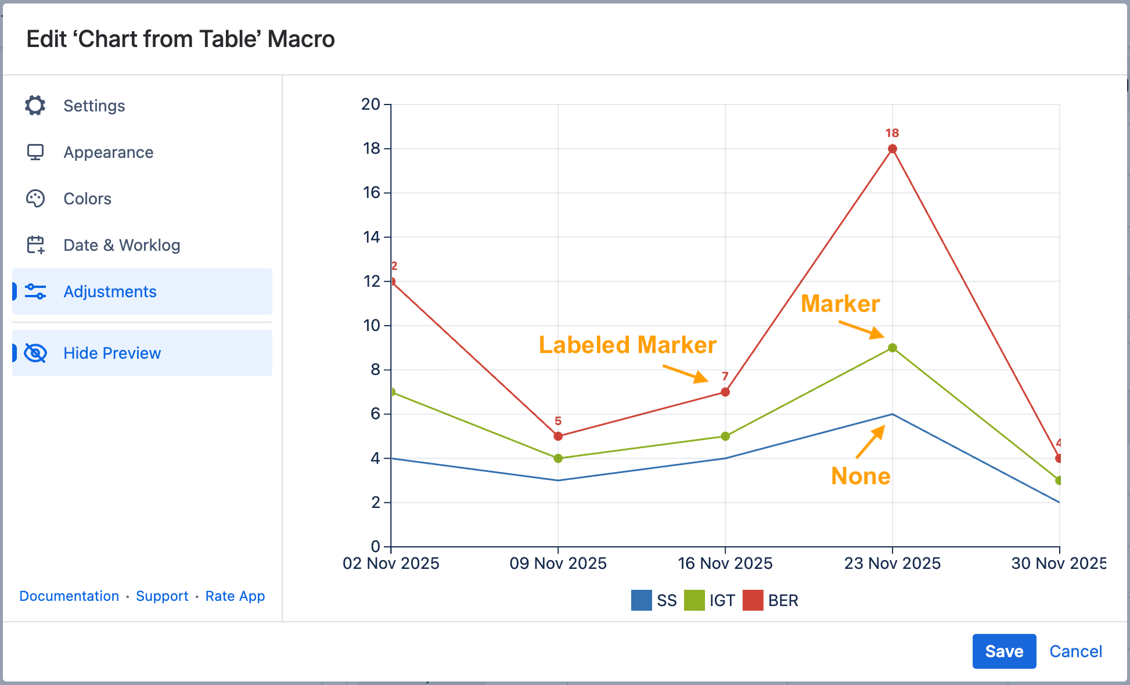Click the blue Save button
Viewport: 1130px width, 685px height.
click(x=1004, y=651)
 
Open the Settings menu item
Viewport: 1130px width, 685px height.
click(x=94, y=106)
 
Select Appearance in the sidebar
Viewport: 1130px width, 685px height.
click(x=108, y=152)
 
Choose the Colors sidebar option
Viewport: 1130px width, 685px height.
click(x=87, y=199)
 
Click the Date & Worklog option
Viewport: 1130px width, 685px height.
click(x=121, y=245)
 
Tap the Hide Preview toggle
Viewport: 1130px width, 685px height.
click(x=112, y=353)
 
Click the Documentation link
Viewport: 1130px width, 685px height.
click(x=69, y=596)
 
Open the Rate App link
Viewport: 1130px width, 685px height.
click(x=235, y=596)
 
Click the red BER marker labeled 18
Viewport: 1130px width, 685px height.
click(x=893, y=149)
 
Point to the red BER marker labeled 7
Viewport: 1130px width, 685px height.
click(x=725, y=392)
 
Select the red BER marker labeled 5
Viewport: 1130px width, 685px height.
click(x=558, y=436)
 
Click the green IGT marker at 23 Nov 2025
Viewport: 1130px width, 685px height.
click(x=893, y=348)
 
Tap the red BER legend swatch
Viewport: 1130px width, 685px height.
click(x=753, y=600)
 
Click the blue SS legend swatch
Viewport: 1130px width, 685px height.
click(x=641, y=600)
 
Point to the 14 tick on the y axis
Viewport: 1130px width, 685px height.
click(x=372, y=237)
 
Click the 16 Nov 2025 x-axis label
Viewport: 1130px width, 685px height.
click(x=725, y=563)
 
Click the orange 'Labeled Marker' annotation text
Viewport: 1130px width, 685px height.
click(x=627, y=345)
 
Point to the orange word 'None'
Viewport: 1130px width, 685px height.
click(x=861, y=476)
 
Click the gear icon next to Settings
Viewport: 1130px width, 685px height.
click(x=35, y=106)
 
